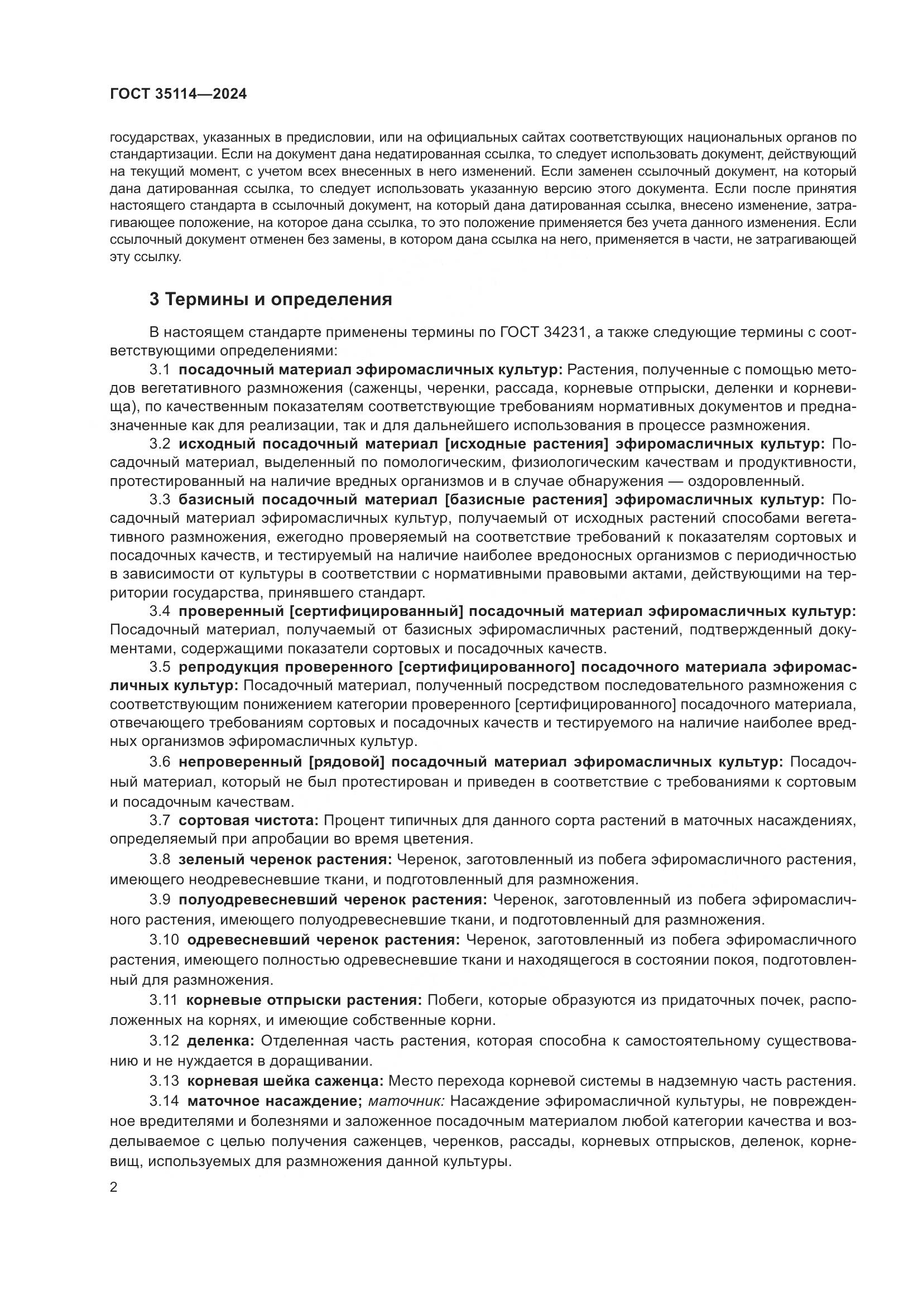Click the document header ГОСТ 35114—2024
(179, 94)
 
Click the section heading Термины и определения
(271, 299)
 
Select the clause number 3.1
(160, 370)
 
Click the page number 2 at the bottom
(114, 1187)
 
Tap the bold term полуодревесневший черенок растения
(333, 900)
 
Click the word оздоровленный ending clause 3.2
(746, 481)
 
